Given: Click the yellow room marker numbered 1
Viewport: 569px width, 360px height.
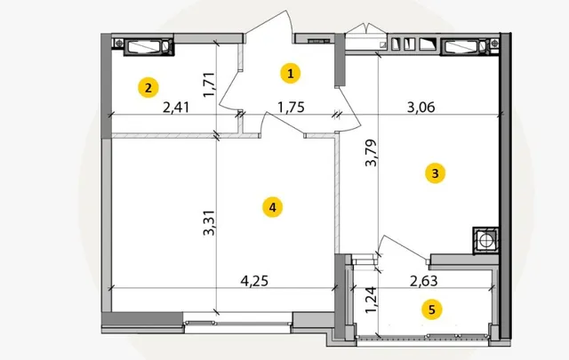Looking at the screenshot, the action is coord(291,74).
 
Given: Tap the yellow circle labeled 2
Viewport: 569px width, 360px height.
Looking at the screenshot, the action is coord(148,88).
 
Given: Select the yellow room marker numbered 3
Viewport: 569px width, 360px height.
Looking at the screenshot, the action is coord(435,173).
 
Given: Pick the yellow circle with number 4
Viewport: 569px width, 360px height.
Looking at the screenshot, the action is coord(273,207).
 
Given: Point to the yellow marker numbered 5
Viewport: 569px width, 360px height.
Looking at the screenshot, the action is coord(431,309).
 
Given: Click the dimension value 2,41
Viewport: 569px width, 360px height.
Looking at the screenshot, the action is coord(176,108).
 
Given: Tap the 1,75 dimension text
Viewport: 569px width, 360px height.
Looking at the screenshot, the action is coord(291,108).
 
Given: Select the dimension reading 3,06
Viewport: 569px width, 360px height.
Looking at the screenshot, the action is coord(421,108).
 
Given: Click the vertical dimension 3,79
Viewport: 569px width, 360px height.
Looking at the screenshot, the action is coord(372,153).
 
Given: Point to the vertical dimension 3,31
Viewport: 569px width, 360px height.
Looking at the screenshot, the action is coord(209,223).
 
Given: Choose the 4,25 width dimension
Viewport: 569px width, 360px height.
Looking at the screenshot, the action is coord(254,281).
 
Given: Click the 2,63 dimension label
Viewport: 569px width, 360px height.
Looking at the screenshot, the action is coord(423,281).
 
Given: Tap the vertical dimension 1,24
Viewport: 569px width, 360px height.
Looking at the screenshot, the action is coord(372,300).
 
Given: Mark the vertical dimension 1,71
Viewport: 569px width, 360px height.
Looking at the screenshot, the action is coord(210,85).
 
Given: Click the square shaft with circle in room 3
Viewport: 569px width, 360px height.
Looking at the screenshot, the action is coord(485,240).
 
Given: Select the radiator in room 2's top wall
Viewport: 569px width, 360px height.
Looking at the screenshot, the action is coord(148,47).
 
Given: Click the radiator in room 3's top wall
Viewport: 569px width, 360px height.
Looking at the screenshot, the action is coord(464,46).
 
